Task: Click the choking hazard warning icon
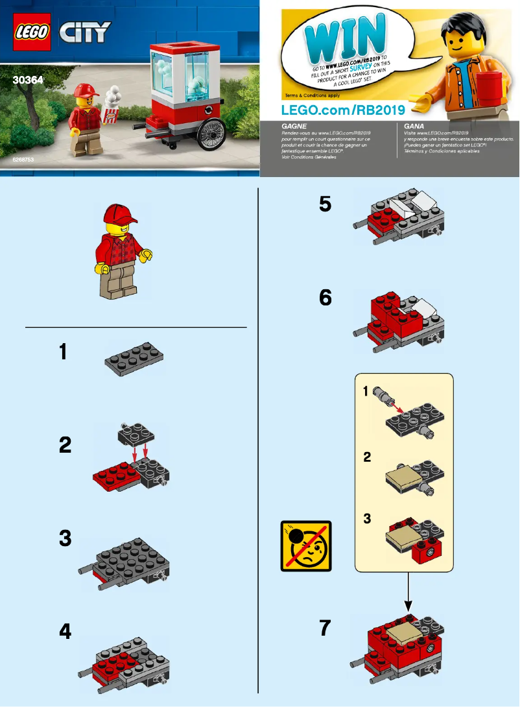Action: tap(306, 545)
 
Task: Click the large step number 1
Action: tap(63, 352)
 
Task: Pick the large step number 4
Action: tap(65, 632)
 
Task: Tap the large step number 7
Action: tap(325, 629)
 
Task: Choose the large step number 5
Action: tap(325, 204)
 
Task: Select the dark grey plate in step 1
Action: tap(134, 361)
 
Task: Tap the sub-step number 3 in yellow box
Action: tap(367, 520)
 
